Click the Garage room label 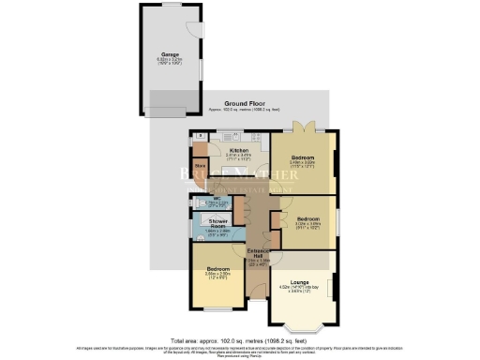pyautogui.click(x=171, y=54)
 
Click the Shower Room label pyautogui.click(x=217, y=225)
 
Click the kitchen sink pyautogui.click(x=227, y=137)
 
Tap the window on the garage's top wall pyautogui.click(x=171, y=5)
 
